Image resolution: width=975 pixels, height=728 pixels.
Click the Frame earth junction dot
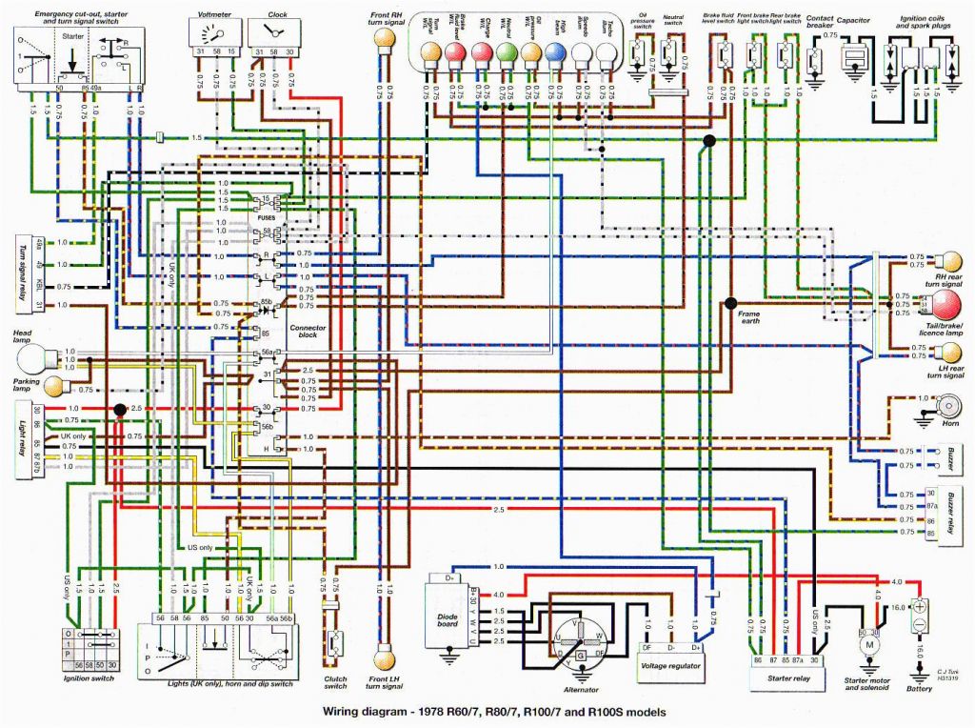coord(730,303)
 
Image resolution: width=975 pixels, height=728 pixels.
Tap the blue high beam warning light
coord(555,53)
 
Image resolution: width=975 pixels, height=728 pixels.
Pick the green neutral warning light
coord(506,53)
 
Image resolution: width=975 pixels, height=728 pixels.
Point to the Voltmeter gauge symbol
coord(216,34)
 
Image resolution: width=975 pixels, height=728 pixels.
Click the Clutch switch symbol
coord(336,641)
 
